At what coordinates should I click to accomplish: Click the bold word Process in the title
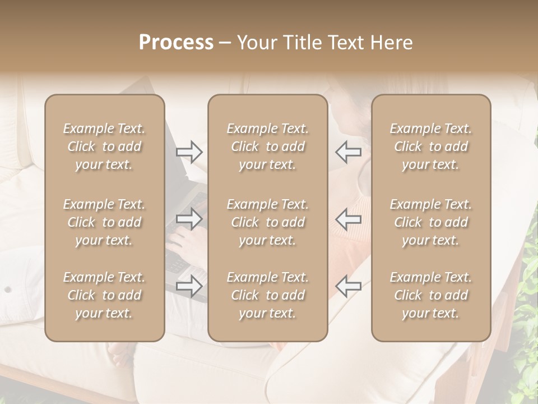[x=176, y=43]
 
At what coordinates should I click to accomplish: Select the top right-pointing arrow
[x=189, y=152]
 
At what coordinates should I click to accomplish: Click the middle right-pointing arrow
[x=189, y=218]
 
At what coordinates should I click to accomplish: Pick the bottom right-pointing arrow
[x=189, y=286]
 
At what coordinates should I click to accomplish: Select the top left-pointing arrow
[x=348, y=151]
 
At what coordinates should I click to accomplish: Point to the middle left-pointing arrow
[x=348, y=218]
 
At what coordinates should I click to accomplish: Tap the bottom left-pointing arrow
[x=348, y=286]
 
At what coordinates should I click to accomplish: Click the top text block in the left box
[x=104, y=146]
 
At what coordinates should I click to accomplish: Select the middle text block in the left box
[x=104, y=222]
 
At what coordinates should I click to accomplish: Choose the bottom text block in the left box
[x=104, y=295]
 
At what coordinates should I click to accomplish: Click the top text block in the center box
[x=267, y=146]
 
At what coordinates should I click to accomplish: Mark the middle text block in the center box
[x=267, y=222]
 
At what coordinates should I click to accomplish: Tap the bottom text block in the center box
[x=267, y=295]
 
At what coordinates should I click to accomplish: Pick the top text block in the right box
[x=430, y=146]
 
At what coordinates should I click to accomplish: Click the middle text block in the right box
[x=430, y=222]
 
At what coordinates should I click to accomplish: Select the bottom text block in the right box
[x=430, y=295]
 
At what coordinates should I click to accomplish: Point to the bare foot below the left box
[x=118, y=354]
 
